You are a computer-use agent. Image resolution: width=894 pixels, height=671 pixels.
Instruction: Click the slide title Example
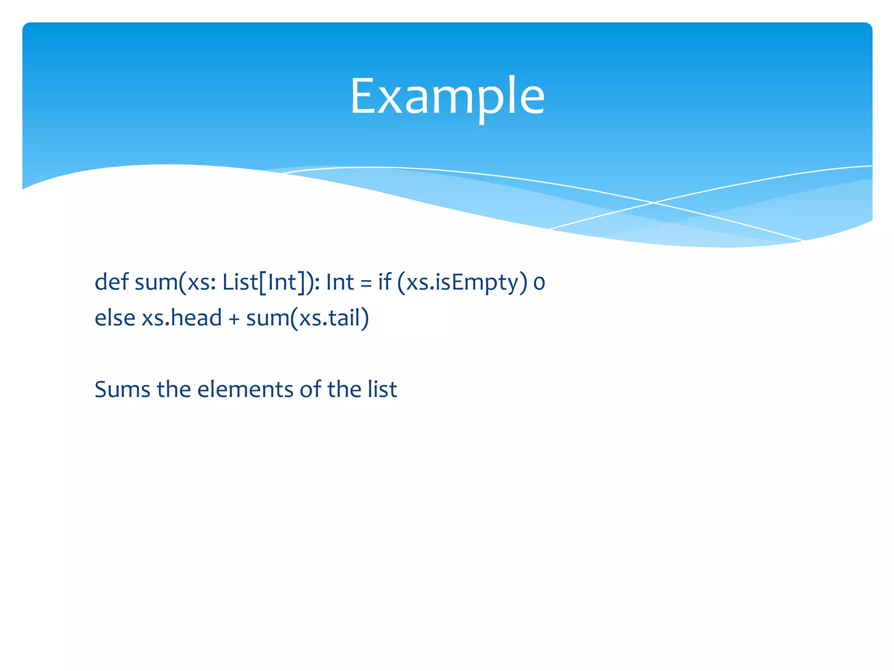(447, 96)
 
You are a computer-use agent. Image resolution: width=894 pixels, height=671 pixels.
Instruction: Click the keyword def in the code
(111, 282)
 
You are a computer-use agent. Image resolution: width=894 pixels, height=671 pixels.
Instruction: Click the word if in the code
(385, 282)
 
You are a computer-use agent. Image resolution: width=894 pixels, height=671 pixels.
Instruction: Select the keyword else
(114, 318)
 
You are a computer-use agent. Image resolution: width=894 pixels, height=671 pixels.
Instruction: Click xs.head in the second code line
(182, 318)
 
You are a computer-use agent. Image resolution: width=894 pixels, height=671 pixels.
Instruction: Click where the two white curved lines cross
(653, 203)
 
